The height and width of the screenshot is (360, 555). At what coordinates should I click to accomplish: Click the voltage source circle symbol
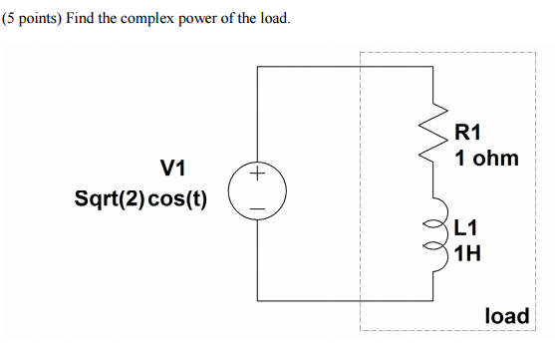point(257,192)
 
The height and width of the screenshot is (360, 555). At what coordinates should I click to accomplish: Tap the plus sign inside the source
point(257,177)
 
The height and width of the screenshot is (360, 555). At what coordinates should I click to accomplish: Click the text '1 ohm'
point(486,158)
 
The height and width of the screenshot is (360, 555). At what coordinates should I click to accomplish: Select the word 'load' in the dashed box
point(506,316)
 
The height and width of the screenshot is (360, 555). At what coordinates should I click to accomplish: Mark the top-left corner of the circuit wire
point(257,67)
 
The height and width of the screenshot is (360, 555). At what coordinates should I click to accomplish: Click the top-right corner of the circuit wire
point(433,67)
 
